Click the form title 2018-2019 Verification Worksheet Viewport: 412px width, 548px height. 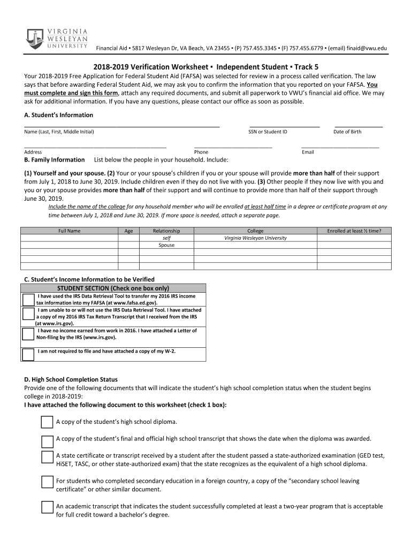coord(152,68)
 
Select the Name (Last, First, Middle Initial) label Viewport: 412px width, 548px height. coord(59,132)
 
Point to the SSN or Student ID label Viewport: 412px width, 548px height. coord(268,132)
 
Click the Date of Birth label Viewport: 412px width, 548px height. coord(347,132)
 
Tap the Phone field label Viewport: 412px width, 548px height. coord(201,152)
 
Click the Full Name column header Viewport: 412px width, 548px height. coord(69,231)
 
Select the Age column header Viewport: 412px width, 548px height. coord(128,231)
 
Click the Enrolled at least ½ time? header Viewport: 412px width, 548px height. coord(354,231)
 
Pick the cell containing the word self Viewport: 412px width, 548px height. coord(166,238)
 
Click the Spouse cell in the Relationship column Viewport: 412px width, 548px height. coord(166,245)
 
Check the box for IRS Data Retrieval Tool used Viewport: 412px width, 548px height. coord(28,299)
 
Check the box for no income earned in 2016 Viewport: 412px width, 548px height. coord(28,334)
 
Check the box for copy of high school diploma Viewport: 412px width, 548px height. coord(47,422)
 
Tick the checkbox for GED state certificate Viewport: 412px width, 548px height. coord(47,457)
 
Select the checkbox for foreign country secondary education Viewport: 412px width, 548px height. coord(47,482)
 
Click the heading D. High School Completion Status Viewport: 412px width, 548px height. coord(71,379)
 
